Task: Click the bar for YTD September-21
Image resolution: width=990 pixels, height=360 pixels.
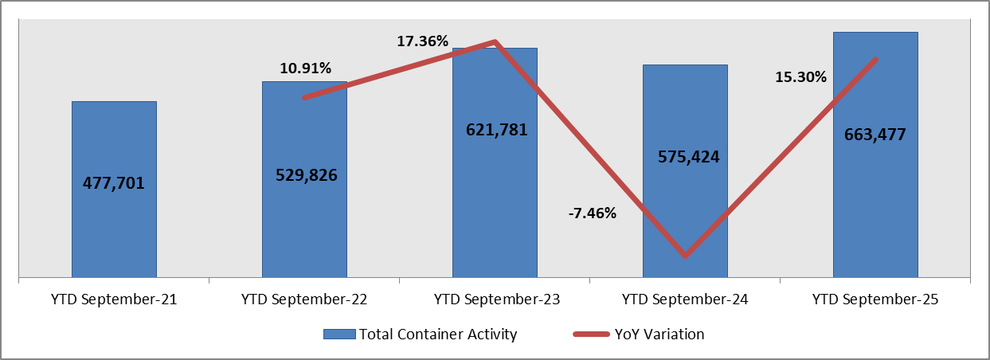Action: click(x=114, y=223)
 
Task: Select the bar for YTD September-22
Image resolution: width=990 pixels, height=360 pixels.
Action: click(x=304, y=223)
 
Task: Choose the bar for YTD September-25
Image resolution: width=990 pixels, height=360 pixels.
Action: click(x=875, y=199)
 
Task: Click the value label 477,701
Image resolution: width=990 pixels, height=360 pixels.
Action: click(x=114, y=182)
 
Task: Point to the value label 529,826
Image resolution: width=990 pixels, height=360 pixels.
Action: click(x=304, y=174)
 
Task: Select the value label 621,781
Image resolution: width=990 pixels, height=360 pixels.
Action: click(x=495, y=129)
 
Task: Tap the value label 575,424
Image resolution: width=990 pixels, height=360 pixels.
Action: click(x=685, y=157)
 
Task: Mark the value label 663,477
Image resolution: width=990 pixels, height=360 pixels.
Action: click(x=875, y=134)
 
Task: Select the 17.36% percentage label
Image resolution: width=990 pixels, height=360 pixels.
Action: click(x=423, y=41)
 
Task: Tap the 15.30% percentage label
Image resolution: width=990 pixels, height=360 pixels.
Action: click(x=800, y=77)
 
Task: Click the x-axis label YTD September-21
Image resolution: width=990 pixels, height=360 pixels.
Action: click(x=114, y=300)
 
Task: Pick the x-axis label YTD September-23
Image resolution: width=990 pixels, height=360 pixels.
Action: click(x=495, y=300)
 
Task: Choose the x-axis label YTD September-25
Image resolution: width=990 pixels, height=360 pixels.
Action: click(x=875, y=300)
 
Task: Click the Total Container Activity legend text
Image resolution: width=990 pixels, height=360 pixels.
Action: click(x=437, y=335)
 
